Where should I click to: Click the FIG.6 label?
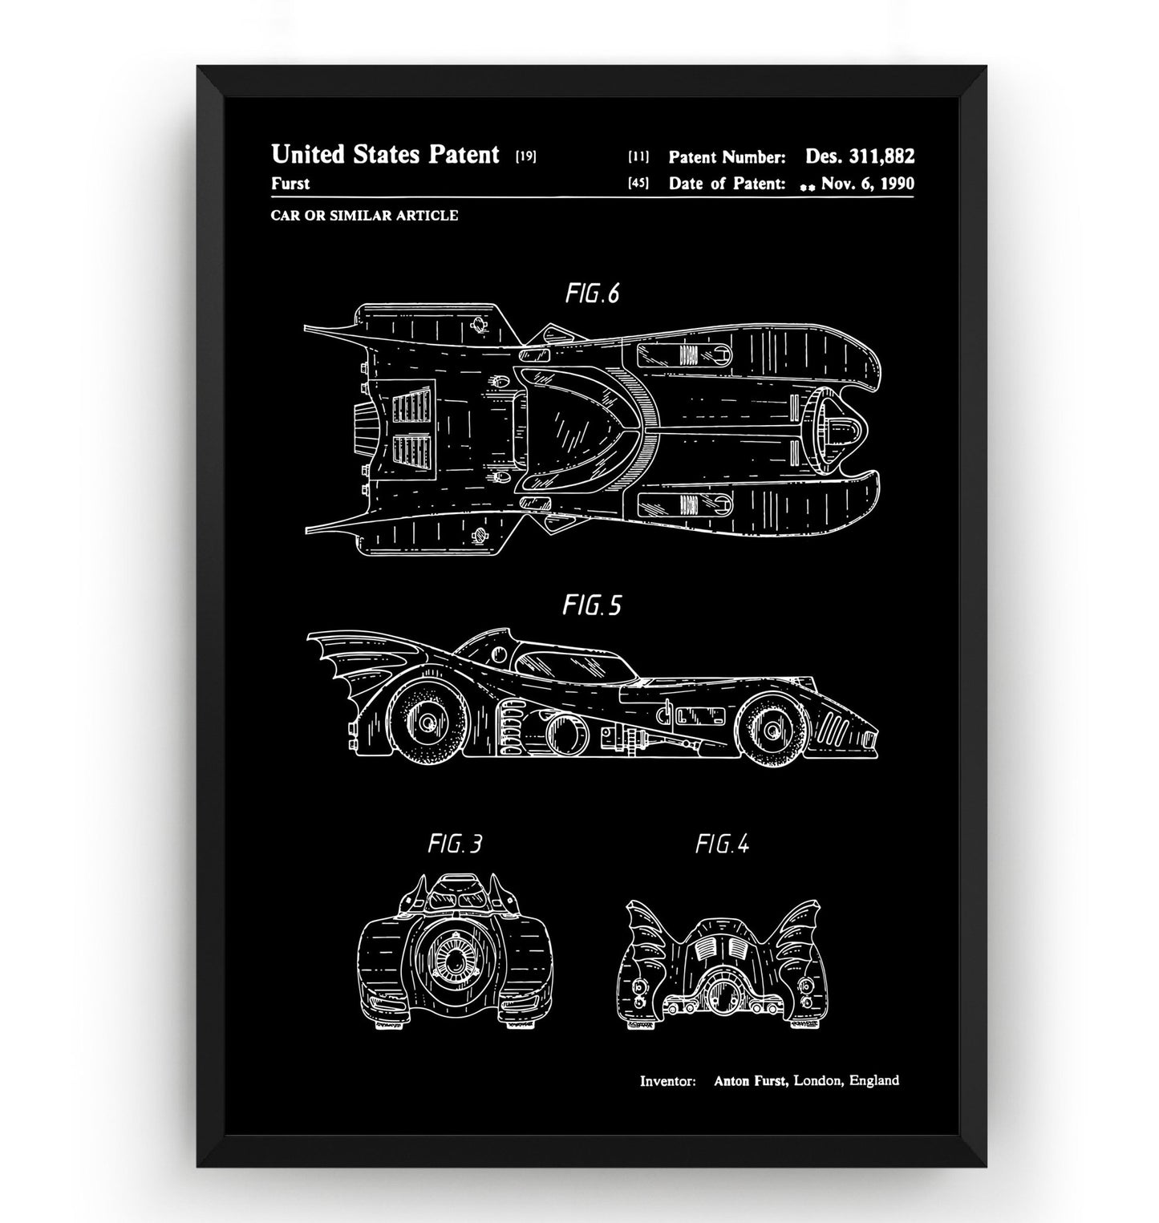pos(592,294)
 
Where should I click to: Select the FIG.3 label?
pos(455,844)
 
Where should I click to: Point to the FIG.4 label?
pos(722,844)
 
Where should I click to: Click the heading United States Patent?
pos(385,154)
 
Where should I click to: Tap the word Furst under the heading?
pos(290,184)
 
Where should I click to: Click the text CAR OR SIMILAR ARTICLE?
pos(364,215)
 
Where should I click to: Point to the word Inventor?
pos(667,1081)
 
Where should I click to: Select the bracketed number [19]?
pos(525,156)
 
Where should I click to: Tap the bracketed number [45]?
pos(638,184)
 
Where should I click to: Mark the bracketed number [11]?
pos(638,156)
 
